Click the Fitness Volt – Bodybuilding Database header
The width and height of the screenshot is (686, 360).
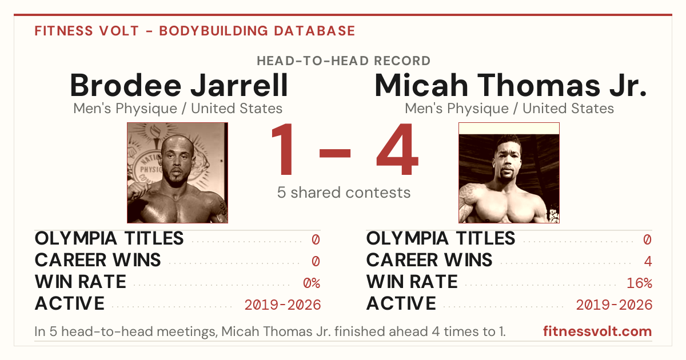click(x=195, y=31)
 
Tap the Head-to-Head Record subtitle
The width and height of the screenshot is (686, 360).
click(x=344, y=61)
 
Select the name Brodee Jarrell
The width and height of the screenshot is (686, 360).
click(x=179, y=85)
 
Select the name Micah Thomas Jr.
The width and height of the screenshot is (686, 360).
click(x=510, y=85)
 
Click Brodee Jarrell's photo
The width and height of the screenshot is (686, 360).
click(x=177, y=173)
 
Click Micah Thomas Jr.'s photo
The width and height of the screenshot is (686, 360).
click(x=509, y=173)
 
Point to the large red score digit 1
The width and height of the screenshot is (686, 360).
click(x=282, y=149)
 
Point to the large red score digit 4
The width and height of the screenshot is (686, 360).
click(x=397, y=149)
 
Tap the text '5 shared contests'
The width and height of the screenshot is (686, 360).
click(x=344, y=193)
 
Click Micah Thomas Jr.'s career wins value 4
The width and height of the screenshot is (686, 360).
click(x=648, y=261)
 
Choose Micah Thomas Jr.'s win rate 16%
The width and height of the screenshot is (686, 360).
click(x=640, y=283)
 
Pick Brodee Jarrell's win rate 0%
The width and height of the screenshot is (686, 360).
click(x=312, y=283)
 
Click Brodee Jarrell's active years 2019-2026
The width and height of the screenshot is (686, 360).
click(x=282, y=305)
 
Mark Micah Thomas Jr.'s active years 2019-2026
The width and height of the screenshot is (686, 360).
click(x=614, y=305)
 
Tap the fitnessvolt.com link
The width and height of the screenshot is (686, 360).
click(x=597, y=331)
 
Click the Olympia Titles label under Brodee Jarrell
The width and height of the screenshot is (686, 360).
click(x=109, y=238)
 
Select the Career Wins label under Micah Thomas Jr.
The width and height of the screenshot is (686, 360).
click(x=429, y=260)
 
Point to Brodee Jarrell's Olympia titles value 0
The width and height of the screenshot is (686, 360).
click(x=316, y=239)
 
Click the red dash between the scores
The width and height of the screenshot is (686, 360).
click(x=335, y=153)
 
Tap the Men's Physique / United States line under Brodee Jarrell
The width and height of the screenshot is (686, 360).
click(x=178, y=109)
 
